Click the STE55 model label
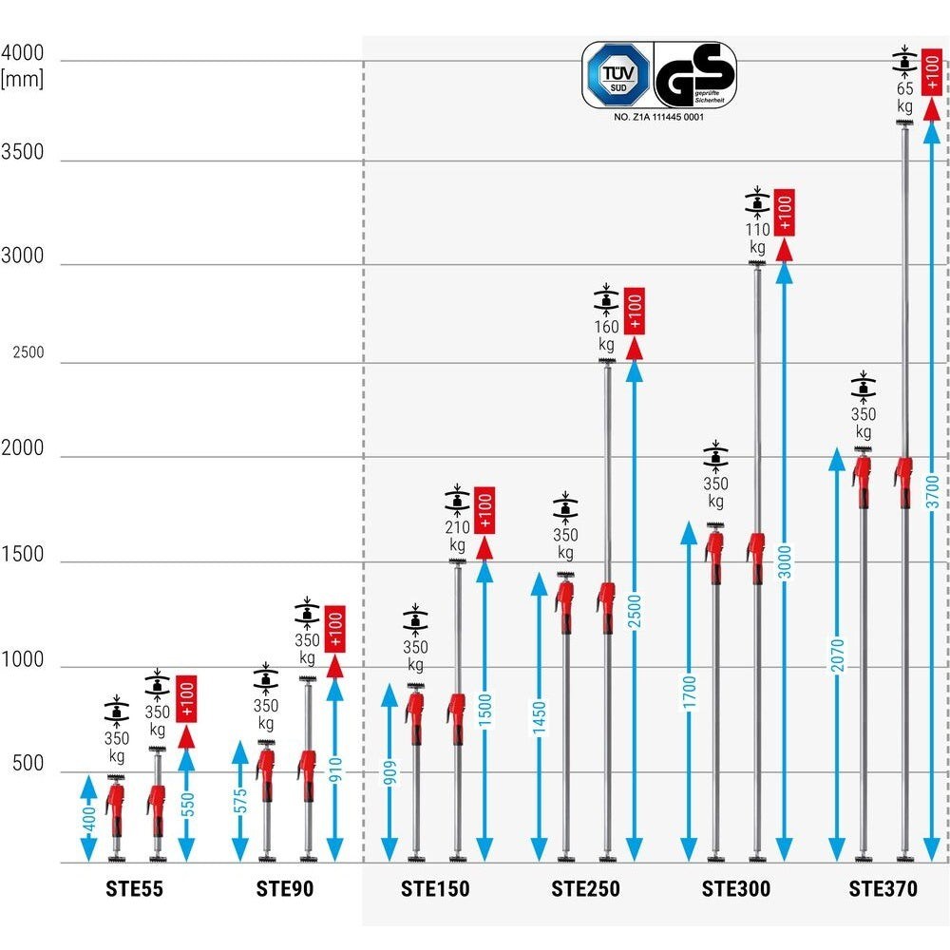point(134,890)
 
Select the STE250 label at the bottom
point(585,890)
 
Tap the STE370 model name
point(883,890)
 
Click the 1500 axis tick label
point(23,555)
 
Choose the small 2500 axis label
point(28,352)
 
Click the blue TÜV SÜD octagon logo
point(617,74)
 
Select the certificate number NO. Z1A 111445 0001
point(658,118)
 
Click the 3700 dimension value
point(932,492)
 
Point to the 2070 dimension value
point(837,655)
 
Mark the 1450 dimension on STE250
point(540,718)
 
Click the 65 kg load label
point(905,97)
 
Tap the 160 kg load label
point(606,335)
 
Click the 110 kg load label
point(756,237)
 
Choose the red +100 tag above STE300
point(785,212)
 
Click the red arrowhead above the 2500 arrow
point(635,348)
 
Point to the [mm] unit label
point(23,80)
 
